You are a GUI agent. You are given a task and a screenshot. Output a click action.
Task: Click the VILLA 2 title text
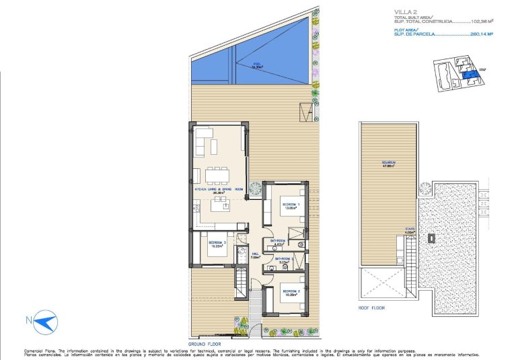[404, 11]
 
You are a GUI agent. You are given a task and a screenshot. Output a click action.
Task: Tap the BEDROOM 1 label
[291, 205]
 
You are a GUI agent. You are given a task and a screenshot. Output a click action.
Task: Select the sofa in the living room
[205, 144]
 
